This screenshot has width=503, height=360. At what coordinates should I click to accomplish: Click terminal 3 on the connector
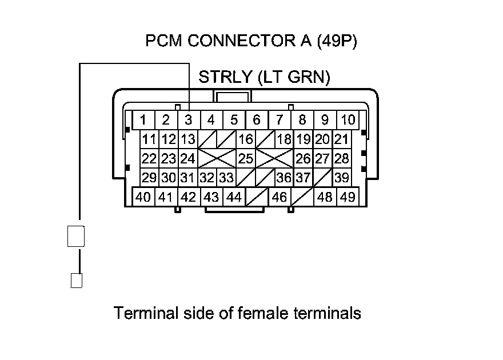188,120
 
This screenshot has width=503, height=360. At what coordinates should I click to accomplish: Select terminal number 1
143,120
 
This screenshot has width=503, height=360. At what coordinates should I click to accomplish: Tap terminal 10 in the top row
348,120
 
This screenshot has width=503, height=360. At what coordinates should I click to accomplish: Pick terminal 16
246,139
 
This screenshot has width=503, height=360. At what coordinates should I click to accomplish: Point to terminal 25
246,158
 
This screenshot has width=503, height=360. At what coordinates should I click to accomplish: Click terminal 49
348,197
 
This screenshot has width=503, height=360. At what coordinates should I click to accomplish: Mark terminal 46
280,197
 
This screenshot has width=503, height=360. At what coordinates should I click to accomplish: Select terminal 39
342,178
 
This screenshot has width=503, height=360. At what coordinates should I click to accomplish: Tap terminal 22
149,158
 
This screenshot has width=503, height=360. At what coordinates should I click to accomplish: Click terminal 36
284,178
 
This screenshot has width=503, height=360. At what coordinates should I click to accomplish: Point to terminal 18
284,139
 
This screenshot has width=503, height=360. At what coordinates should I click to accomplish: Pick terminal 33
226,178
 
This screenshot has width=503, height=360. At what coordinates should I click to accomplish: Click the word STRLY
225,78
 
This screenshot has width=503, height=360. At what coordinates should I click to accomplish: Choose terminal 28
342,158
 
